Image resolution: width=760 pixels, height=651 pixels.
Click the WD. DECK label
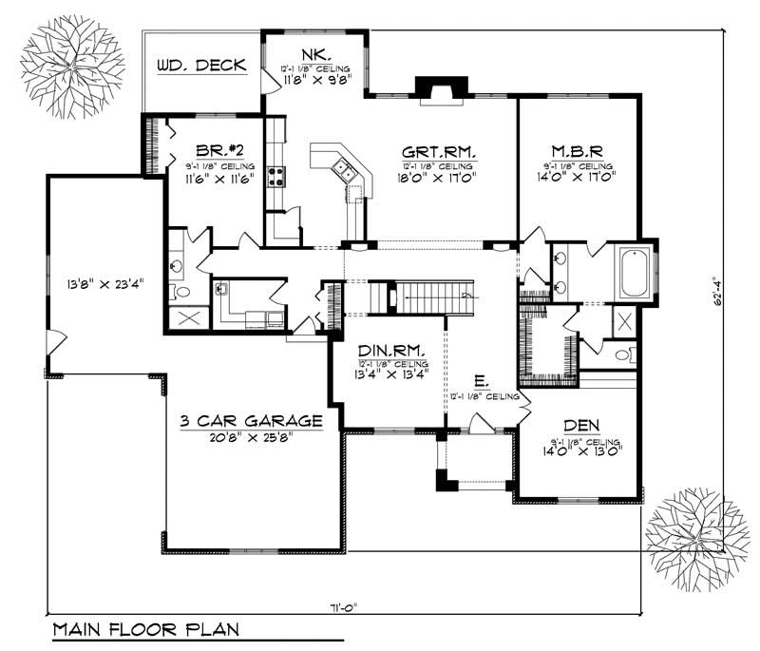[x=200, y=66]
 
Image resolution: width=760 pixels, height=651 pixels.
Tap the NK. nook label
[x=315, y=55]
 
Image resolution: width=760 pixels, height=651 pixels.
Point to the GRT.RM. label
[x=439, y=152]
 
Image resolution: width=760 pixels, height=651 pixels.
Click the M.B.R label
[x=578, y=152]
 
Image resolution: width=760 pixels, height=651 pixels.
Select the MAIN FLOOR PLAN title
[x=145, y=629]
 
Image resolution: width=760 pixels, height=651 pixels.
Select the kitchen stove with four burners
[x=276, y=175]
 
